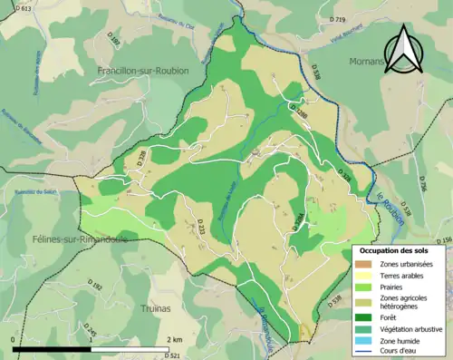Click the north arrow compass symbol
click(405, 50)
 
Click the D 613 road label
click(24, 8)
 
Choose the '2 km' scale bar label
click(175, 340)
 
